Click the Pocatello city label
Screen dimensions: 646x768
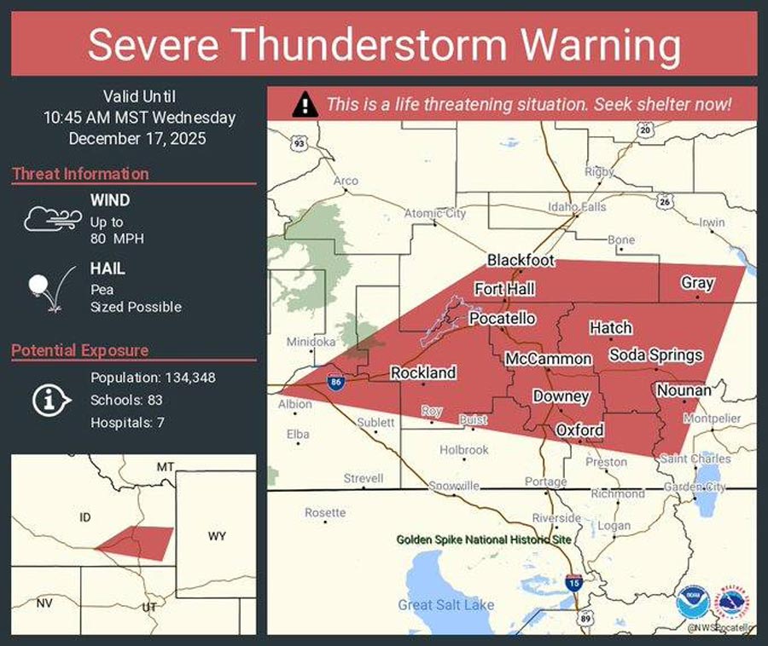click(503, 318)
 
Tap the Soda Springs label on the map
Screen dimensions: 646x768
click(655, 355)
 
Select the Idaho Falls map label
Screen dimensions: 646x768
click(577, 207)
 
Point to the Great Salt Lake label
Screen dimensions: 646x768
click(445, 605)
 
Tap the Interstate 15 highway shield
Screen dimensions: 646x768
click(574, 583)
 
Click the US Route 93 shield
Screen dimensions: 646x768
click(299, 144)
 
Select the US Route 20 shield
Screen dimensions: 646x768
click(645, 130)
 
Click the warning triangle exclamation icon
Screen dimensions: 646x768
click(303, 106)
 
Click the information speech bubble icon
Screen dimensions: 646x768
click(51, 399)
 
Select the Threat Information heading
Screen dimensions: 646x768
click(80, 174)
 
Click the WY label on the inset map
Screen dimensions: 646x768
click(217, 536)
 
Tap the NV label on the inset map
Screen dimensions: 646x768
click(44, 603)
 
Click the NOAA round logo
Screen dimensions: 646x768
click(692, 603)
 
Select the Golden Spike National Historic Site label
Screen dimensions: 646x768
click(484, 539)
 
